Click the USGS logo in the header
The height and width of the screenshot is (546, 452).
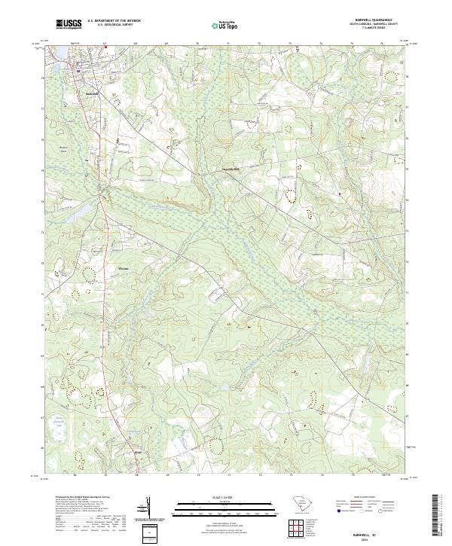(x=69, y=24)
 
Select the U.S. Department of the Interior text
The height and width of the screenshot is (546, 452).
(x=114, y=21)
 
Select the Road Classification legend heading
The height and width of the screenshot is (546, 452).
(x=362, y=497)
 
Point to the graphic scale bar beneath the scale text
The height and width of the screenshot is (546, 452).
(x=216, y=502)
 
